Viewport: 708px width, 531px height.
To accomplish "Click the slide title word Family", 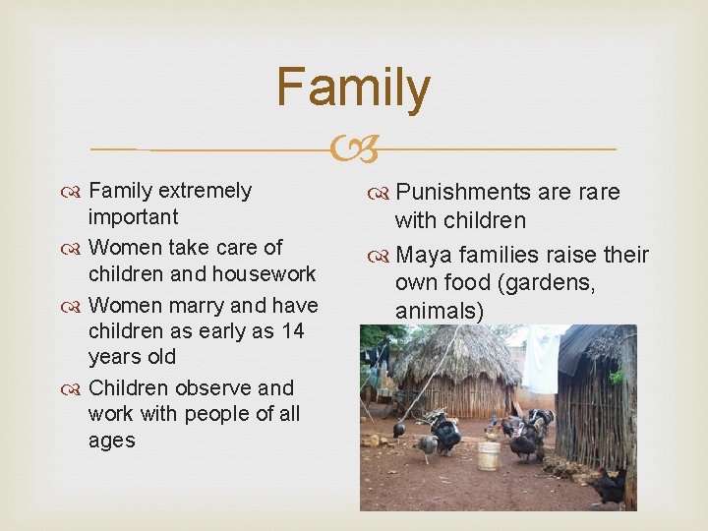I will (353, 88).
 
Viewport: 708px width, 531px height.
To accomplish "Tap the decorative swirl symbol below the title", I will (353, 149).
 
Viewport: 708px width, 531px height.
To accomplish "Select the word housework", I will (266, 273).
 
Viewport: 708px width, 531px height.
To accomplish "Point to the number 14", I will (292, 330).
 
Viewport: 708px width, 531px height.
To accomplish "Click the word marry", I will (198, 305).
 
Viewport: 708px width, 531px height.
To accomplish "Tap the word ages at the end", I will (111, 441).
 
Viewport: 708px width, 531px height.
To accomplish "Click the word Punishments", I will (466, 192).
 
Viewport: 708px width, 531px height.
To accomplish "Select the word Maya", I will (424, 256).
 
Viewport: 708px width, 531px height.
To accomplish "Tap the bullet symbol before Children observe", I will (76, 388).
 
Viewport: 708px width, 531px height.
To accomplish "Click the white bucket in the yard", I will (488, 455).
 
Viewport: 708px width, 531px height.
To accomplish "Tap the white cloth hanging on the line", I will (540, 359).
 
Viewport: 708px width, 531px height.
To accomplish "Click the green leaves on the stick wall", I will (617, 377).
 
